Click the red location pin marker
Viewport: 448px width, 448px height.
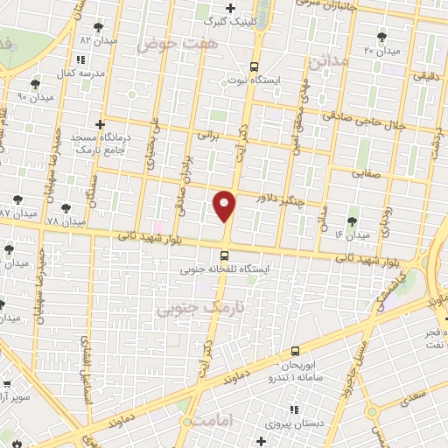(225, 206)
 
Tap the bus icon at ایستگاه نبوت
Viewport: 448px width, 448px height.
(254, 66)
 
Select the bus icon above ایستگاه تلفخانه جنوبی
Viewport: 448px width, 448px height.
(225, 256)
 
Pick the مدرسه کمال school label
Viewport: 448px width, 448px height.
(83, 73)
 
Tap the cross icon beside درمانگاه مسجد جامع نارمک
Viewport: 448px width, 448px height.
(101, 124)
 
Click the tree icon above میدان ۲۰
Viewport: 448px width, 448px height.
(381, 36)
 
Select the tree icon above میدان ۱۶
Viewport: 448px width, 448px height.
(352, 221)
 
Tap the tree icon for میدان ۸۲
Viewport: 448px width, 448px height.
(96, 27)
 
